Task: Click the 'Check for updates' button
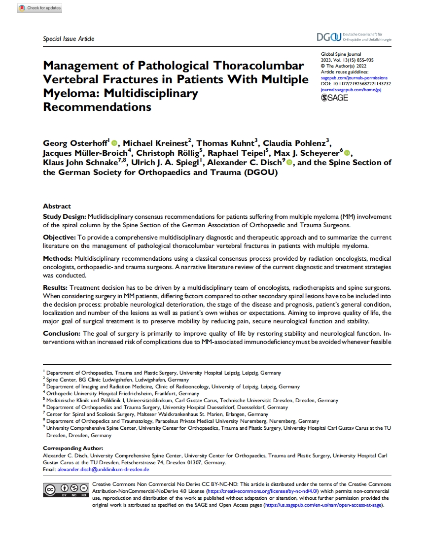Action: coord(39,8)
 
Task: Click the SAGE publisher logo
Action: coord(334,97)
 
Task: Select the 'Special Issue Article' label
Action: coord(69,39)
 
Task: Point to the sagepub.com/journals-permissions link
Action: coord(354,78)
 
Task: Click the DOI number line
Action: coord(356,84)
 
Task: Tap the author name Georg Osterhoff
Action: coord(75,143)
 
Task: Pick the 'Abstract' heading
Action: coord(57,207)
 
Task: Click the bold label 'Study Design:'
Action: coord(65,217)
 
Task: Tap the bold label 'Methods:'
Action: coord(58,259)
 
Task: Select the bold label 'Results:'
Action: coord(56,287)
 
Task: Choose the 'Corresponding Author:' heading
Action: coord(73,448)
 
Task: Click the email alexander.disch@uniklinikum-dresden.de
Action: coord(104,469)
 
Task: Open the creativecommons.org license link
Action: coord(263,491)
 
